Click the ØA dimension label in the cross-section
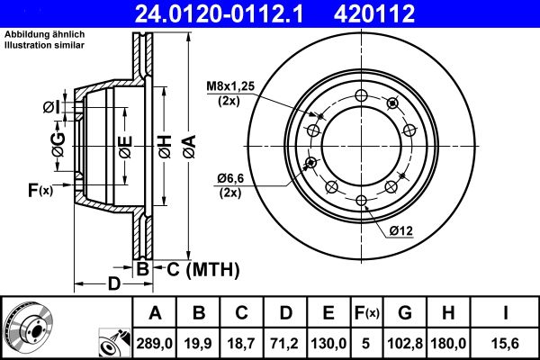point(187,145)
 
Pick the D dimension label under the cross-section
point(113,284)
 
